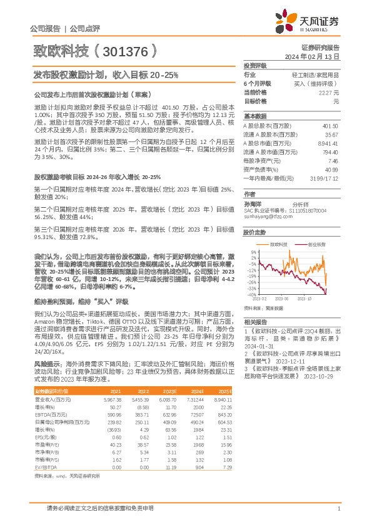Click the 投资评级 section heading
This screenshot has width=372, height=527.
(x=254, y=65)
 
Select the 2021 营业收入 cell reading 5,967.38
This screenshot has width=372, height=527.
(x=113, y=399)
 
